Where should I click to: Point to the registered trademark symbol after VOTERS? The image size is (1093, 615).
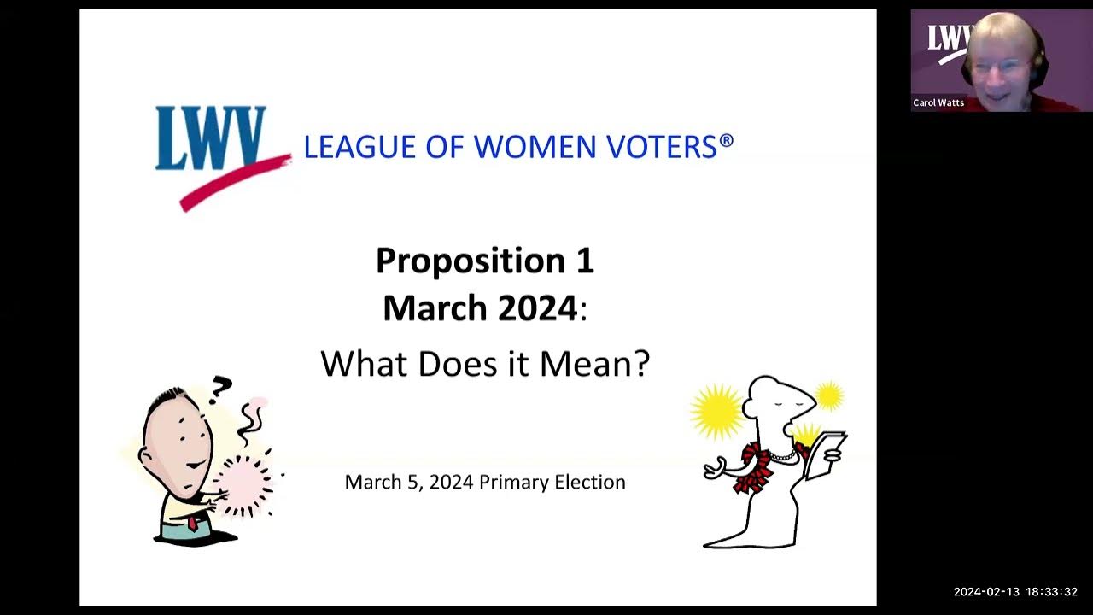coord(727,139)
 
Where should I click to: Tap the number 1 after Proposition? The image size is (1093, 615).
coord(583,261)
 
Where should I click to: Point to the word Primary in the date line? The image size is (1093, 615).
coord(513,482)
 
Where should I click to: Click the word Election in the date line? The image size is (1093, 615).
coord(590,482)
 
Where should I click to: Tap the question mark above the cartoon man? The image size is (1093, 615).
coord(220,389)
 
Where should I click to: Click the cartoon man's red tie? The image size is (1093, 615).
coord(193,522)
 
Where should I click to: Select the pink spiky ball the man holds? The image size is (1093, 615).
coord(246,484)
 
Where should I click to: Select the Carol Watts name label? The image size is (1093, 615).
coord(938,102)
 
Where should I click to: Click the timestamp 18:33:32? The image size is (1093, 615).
coord(1051,592)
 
